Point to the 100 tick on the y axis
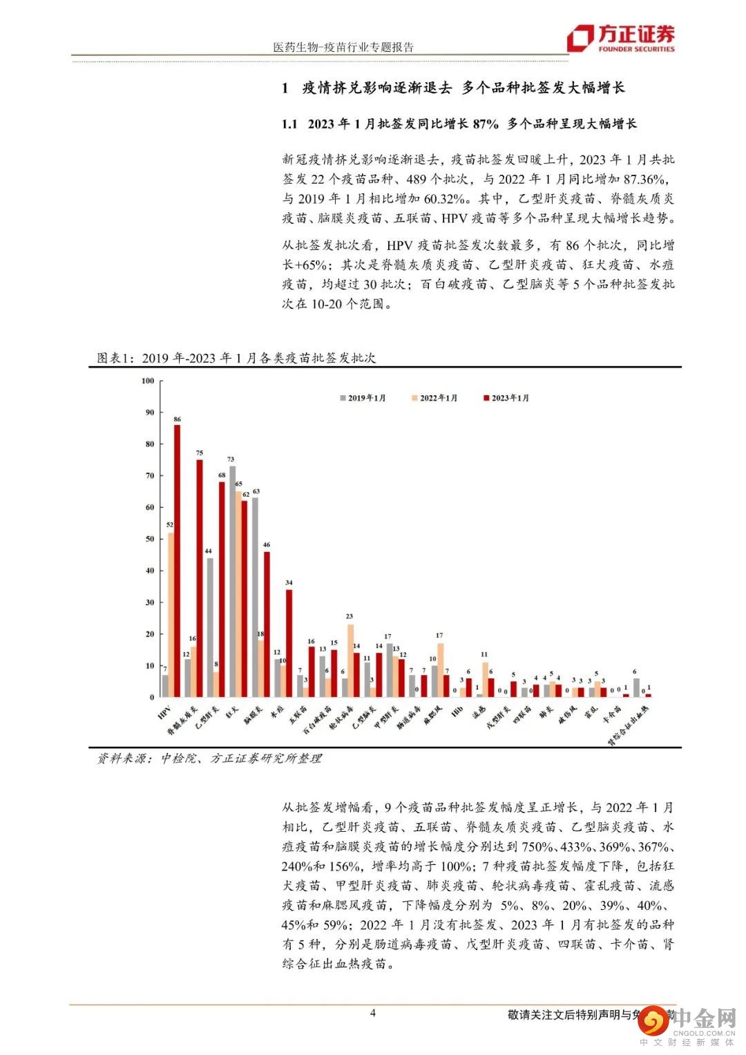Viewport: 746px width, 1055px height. click(148, 381)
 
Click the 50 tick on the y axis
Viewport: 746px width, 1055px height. click(149, 539)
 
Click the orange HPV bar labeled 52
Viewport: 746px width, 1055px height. click(170, 615)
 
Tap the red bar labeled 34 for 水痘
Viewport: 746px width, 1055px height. click(289, 643)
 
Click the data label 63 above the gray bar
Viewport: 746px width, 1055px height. click(256, 492)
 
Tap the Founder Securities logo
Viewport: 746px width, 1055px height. click(620, 39)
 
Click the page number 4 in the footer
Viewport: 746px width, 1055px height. click(373, 1014)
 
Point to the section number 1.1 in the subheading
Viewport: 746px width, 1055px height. click(289, 124)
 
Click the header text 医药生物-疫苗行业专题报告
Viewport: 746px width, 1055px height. click(343, 48)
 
